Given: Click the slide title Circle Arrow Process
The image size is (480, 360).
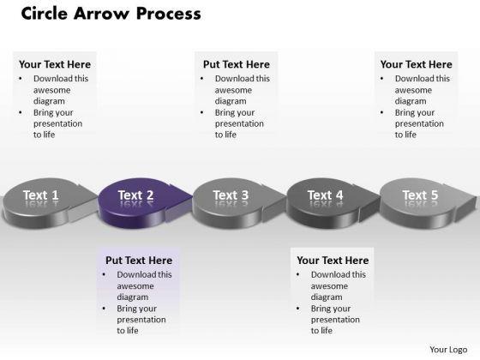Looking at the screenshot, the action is pyautogui.click(x=111, y=14).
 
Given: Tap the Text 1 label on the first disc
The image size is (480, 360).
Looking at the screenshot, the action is pyautogui.click(x=41, y=195).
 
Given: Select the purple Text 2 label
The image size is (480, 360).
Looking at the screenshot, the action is pyautogui.click(x=135, y=195).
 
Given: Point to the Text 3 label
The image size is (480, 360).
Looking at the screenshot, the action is pyautogui.click(x=231, y=195).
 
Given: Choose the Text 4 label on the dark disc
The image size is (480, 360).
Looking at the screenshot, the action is pyautogui.click(x=325, y=195).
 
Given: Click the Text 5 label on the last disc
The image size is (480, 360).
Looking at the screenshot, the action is pyautogui.click(x=420, y=195).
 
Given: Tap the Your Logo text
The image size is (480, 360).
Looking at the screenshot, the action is pyautogui.click(x=448, y=350).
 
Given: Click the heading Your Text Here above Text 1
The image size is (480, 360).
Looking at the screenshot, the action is pyautogui.click(x=55, y=64).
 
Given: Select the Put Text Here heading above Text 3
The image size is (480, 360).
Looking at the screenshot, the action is pyautogui.click(x=237, y=64).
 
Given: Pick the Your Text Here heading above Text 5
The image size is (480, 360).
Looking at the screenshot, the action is pyautogui.click(x=416, y=64).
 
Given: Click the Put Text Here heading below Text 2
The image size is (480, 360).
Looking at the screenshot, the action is pyautogui.click(x=139, y=261).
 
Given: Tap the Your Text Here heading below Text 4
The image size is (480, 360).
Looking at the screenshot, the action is pyautogui.click(x=333, y=261).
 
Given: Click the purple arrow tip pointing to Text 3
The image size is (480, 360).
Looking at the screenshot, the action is pyautogui.click(x=191, y=197).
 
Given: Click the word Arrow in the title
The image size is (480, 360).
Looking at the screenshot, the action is pyautogui.click(x=101, y=14).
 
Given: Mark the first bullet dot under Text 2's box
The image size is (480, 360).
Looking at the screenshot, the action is pyautogui.click(x=104, y=274).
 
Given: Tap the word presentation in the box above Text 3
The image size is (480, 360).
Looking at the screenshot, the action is pyautogui.click(x=239, y=123).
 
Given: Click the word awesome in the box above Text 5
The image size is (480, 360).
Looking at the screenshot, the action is pyautogui.click(x=413, y=90).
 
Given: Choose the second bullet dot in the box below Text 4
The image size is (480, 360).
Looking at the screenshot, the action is pyautogui.click(x=298, y=309).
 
